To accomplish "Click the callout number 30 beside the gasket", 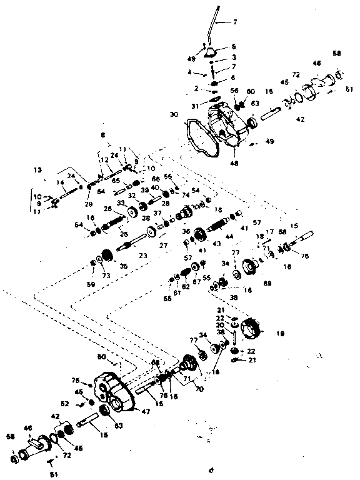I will (174, 114).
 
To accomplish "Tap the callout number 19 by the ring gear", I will (279, 334).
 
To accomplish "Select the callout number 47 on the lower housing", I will (147, 411).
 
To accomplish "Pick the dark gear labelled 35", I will (107, 255).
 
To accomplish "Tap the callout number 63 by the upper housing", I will (255, 103).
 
